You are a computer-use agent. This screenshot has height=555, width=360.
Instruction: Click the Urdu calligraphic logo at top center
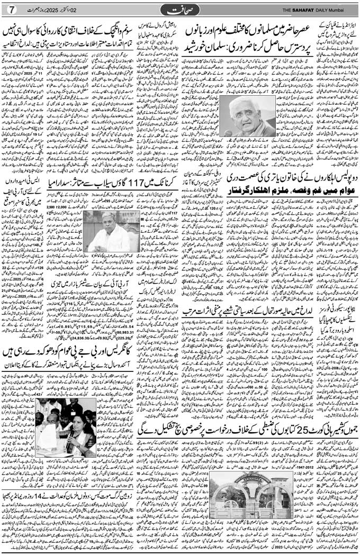click(180, 10)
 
